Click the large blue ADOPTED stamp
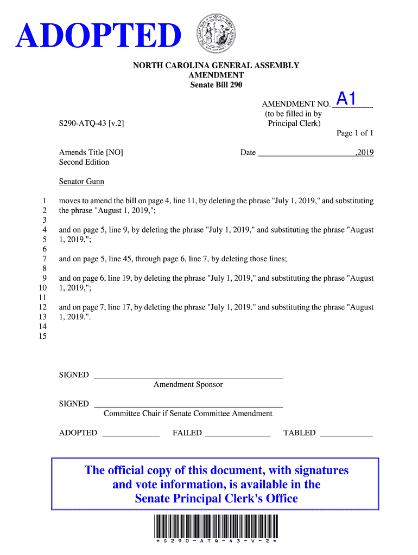(x=98, y=36)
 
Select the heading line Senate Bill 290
(x=216, y=85)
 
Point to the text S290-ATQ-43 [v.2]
(x=92, y=124)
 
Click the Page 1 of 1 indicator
(x=355, y=133)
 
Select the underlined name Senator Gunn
(x=81, y=182)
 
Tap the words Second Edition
(x=84, y=162)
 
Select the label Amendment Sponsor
(x=188, y=385)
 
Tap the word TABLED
(x=299, y=433)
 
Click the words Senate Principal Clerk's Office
(x=216, y=499)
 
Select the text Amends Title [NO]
(x=91, y=152)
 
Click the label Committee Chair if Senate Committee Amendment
(x=188, y=414)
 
